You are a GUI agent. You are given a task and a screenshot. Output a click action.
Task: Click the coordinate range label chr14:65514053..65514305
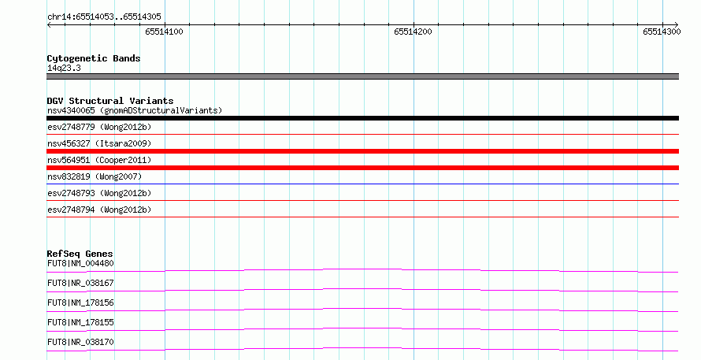tap(104, 17)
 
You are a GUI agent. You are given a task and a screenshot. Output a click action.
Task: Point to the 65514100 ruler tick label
tap(164, 32)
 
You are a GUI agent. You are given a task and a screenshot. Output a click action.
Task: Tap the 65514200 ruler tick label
tap(413, 32)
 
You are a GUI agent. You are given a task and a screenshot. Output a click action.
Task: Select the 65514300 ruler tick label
tap(662, 32)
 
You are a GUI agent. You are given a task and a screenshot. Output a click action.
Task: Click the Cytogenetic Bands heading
tap(94, 58)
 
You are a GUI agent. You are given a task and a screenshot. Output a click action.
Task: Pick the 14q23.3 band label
tap(64, 68)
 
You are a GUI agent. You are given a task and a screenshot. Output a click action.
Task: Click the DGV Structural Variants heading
tap(110, 101)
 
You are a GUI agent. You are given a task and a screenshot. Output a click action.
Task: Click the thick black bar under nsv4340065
tap(362, 118)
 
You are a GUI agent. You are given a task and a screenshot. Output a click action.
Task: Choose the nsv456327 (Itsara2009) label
tap(99, 143)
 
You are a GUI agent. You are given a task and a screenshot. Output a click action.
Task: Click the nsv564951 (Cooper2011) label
tap(99, 160)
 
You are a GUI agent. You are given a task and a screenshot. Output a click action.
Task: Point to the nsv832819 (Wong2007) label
tap(95, 176)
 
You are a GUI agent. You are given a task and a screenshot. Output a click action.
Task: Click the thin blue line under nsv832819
tap(362, 184)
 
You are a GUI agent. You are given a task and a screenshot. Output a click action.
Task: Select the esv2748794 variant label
tap(99, 210)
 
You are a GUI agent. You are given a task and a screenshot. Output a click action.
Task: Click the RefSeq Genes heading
tap(80, 254)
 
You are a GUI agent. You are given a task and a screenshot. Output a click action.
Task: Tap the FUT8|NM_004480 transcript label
tap(80, 263)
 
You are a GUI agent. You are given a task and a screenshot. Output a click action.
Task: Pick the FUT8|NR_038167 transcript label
tap(80, 283)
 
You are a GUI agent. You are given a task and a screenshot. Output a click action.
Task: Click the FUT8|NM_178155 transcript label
tap(80, 322)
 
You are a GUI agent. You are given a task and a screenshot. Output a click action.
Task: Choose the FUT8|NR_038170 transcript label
tap(80, 342)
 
